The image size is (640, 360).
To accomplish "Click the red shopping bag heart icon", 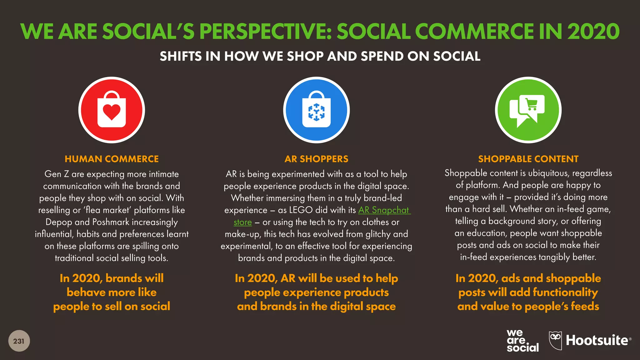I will [112, 110].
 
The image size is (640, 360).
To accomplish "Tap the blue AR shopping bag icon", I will [316, 110].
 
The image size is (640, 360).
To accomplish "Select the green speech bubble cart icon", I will [528, 110].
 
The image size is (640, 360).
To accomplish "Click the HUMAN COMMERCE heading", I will [112, 159].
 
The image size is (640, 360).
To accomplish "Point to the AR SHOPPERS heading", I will [316, 159].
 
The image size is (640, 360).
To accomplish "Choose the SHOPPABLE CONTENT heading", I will [528, 159].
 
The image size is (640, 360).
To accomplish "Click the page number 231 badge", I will [19, 341].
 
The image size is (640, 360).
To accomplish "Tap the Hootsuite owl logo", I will [555, 340].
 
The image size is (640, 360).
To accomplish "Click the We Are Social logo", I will [522, 341].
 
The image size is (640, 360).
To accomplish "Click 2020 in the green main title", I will [593, 32].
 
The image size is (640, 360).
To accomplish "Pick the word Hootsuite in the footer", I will [597, 340].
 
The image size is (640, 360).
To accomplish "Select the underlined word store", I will [242, 222].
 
